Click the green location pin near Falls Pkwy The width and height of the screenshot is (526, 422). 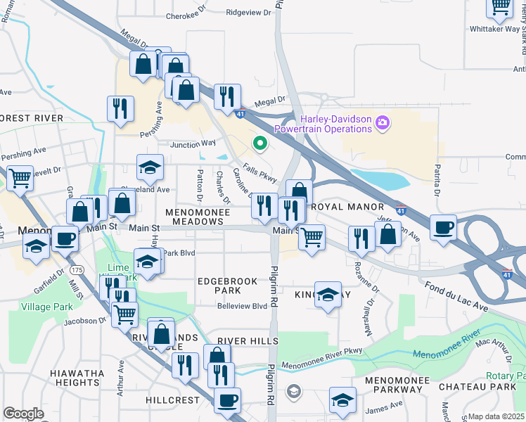(260, 144)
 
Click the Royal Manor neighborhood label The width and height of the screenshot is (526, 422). (347, 207)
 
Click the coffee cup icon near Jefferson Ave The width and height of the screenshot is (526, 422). (444, 228)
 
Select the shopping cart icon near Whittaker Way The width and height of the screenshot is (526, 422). (501, 6)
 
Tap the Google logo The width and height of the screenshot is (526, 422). (23, 414)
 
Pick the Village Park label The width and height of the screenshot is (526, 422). (47, 307)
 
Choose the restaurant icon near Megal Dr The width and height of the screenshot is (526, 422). (226, 96)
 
